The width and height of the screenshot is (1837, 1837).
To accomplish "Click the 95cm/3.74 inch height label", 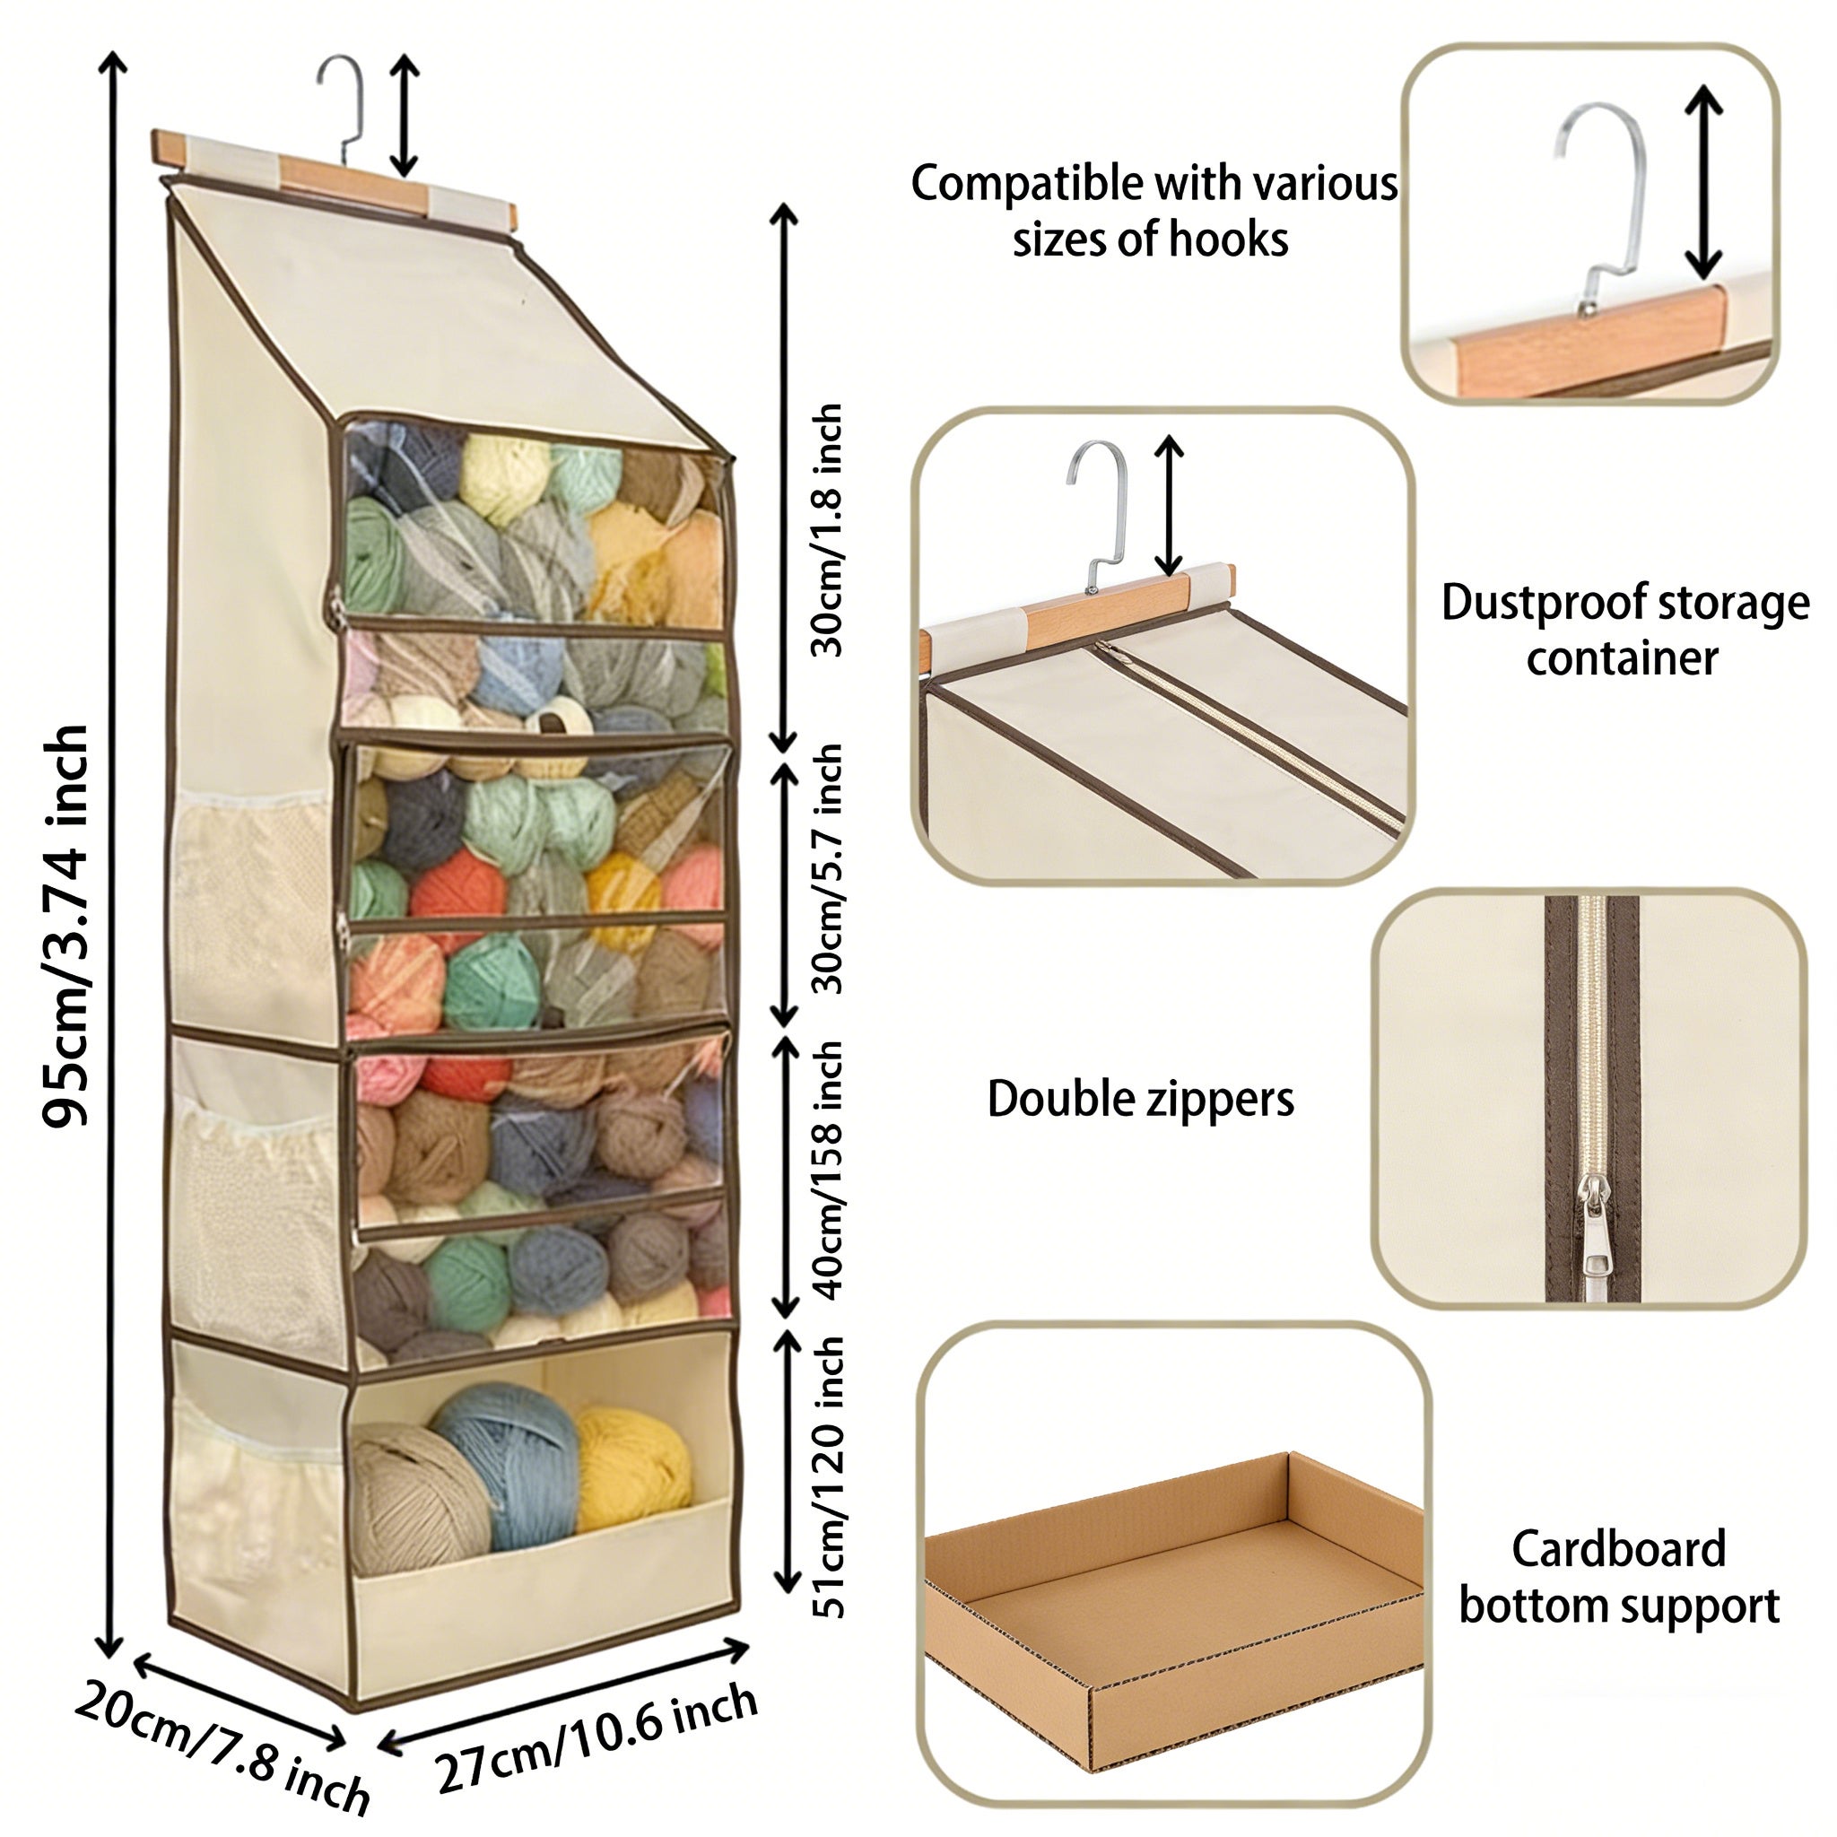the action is (x=66, y=927).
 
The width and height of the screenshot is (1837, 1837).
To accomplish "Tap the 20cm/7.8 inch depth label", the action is (x=222, y=1758).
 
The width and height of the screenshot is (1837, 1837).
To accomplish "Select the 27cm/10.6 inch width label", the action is (x=597, y=1739).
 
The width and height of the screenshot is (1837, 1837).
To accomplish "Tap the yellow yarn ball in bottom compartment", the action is (x=632, y=1468).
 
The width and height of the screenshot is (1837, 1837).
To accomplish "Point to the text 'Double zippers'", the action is (x=1140, y=1099).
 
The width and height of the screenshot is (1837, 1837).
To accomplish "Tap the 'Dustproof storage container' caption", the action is (x=1624, y=630).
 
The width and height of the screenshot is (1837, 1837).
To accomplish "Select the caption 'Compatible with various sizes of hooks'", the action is (x=1154, y=210).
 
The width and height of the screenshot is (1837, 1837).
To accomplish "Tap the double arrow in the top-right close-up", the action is (x=1703, y=180).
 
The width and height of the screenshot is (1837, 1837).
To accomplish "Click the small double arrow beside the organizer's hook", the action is (x=405, y=116).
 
